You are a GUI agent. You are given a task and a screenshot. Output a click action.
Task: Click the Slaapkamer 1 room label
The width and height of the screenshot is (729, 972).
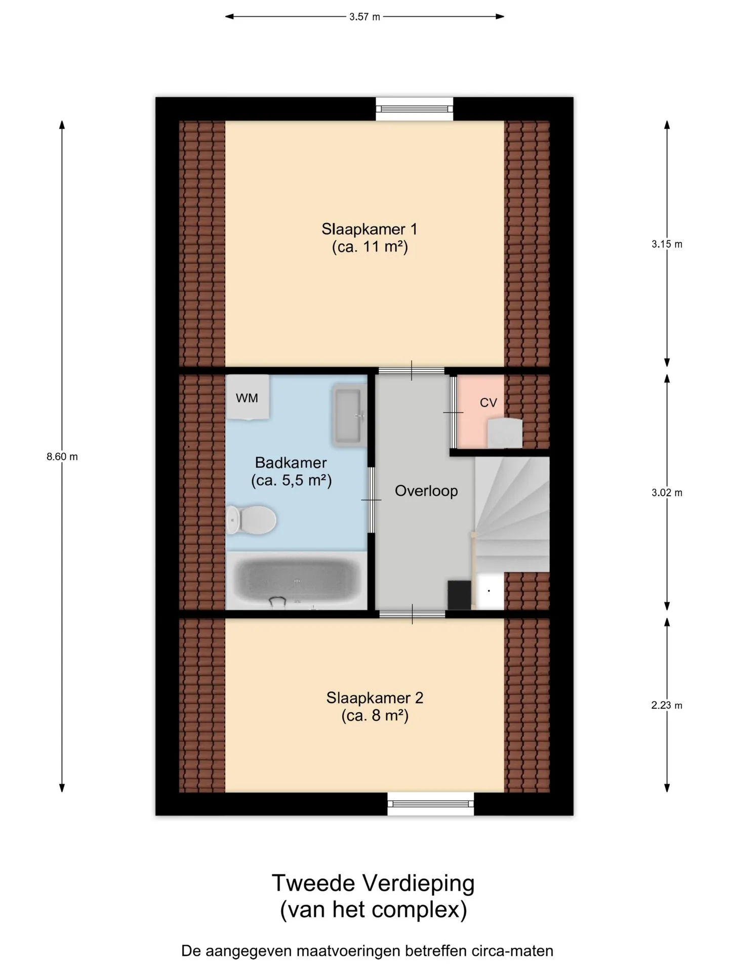click(x=370, y=238)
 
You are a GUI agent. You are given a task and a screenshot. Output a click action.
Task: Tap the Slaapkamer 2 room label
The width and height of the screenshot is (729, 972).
click(x=375, y=707)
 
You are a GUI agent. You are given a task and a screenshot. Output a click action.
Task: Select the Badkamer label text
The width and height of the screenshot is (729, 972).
click(x=291, y=462)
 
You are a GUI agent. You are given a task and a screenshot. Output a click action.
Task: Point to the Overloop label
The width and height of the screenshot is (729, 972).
click(x=426, y=491)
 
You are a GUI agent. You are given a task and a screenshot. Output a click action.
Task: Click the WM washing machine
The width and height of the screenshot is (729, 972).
click(x=247, y=397)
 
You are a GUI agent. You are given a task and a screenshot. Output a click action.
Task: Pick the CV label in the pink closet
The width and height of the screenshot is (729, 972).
click(x=489, y=402)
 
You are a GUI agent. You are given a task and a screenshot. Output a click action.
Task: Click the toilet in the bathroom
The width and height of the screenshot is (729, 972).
click(x=251, y=519)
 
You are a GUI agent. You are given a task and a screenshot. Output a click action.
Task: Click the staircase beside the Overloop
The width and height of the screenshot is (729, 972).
click(x=512, y=514)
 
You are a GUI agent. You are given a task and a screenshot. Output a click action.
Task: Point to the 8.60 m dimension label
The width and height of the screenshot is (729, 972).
click(x=62, y=457)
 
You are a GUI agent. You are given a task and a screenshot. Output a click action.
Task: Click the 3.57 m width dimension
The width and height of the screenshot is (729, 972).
click(x=364, y=17)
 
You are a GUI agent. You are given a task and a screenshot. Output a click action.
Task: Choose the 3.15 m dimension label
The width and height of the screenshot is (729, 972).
click(x=667, y=244)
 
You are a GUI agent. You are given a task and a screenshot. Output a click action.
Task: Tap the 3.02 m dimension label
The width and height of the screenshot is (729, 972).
click(x=667, y=493)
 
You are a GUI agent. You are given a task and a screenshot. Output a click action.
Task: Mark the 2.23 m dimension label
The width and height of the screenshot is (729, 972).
click(x=667, y=705)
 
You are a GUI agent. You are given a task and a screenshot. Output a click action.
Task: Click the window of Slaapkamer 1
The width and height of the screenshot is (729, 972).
click(x=414, y=109)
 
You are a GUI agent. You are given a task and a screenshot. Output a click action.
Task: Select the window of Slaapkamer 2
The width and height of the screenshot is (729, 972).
click(x=431, y=803)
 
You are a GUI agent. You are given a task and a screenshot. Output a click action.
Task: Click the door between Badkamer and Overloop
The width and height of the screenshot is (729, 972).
click(x=372, y=500)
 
